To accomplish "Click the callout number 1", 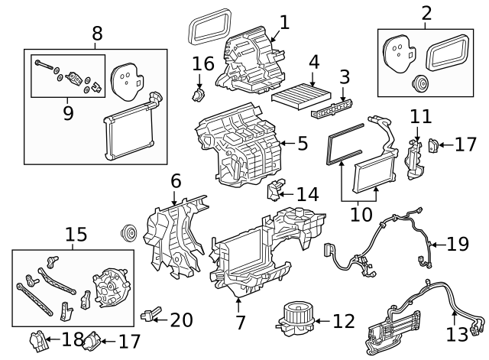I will click(x=283, y=22).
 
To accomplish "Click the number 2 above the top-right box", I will click(x=425, y=13).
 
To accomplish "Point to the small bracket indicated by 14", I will click(x=276, y=190).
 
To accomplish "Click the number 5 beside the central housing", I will click(x=303, y=143).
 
